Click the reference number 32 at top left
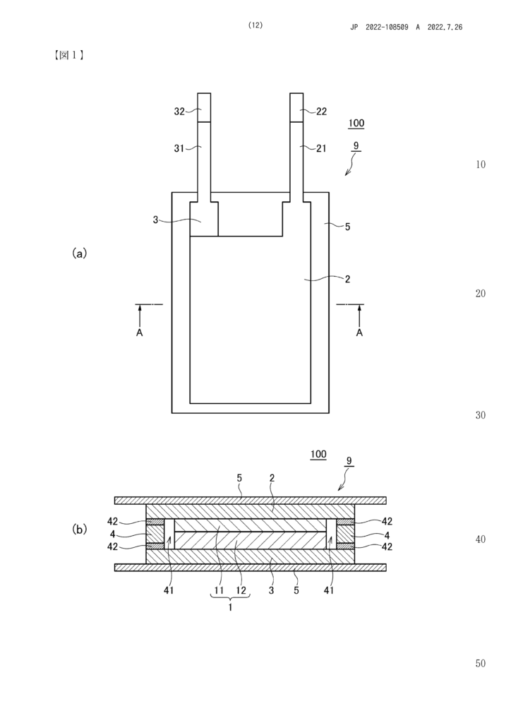tap(179, 111)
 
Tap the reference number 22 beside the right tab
tap(322, 111)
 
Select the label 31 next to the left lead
tap(179, 148)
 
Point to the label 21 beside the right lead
tap(321, 148)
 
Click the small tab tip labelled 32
tap(204, 107)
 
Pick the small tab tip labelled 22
tap(296, 107)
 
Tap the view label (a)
tap(79, 253)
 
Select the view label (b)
tap(79, 530)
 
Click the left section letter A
tap(140, 333)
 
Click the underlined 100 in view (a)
tap(356, 123)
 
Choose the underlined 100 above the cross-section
tap(318, 455)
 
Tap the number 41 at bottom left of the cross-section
tap(169, 590)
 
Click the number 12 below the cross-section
tap(241, 590)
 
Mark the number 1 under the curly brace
tap(230, 607)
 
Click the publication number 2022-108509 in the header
tap(387, 28)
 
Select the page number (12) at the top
tap(255, 25)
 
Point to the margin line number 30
tap(480, 415)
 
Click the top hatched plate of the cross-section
tap(250, 501)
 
